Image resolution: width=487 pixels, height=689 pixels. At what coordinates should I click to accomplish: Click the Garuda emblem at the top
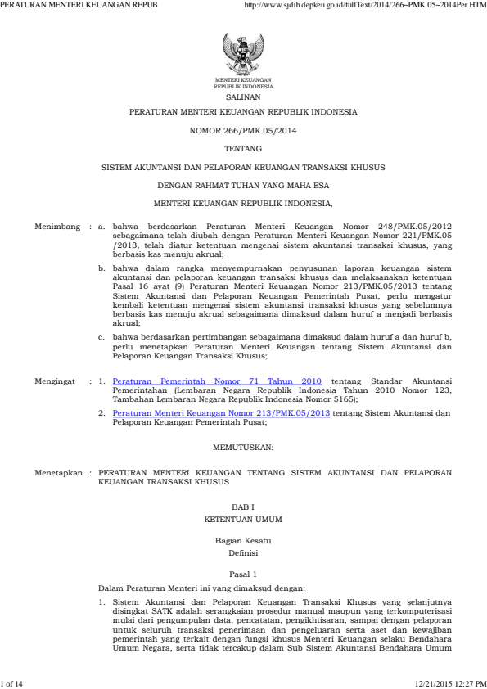pos(242,55)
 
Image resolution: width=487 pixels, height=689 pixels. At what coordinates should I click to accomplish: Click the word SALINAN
pos(243,96)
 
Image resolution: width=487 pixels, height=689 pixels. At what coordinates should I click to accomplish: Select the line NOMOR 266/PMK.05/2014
pos(243,129)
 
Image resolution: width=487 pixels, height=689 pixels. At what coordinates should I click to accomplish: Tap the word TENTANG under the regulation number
pos(243,148)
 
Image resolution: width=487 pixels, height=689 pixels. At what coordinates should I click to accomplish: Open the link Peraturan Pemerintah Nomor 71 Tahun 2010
pos(217,381)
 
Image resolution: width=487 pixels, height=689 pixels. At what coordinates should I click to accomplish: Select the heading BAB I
pos(243,509)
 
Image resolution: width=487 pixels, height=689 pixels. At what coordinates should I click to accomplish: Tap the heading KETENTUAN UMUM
pos(243,520)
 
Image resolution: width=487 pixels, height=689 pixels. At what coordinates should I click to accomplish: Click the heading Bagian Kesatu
pos(243,542)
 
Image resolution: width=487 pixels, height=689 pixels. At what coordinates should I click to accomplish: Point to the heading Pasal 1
pos(243,574)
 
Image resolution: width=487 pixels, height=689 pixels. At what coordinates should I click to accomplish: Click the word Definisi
pos(243,553)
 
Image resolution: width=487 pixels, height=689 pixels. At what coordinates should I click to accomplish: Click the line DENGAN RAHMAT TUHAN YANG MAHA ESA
pos(243,185)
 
